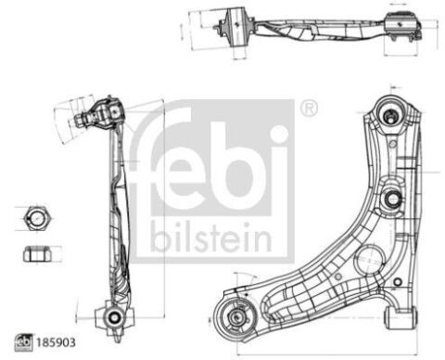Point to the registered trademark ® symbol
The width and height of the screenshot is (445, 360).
[309, 109]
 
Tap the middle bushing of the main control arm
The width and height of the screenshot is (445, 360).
[391, 197]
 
